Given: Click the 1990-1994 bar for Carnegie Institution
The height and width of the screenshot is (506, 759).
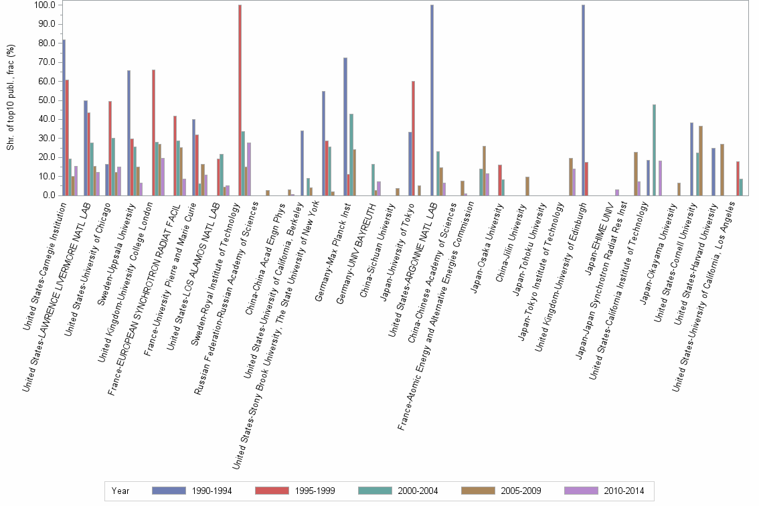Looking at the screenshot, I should click(x=64, y=118).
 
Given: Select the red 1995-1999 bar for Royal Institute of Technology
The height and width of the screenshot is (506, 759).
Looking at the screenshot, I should click(x=240, y=100).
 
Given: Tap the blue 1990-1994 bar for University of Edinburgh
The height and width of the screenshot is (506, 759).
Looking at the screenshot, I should click(x=583, y=100).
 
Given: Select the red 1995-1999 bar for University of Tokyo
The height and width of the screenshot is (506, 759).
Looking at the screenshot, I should click(x=414, y=138).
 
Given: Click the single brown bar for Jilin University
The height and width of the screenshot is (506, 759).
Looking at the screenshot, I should click(x=527, y=186).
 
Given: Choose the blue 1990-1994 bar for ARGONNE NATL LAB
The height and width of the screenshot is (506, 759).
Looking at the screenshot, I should click(x=432, y=100).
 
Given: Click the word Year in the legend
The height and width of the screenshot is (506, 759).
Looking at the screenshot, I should click(x=120, y=491).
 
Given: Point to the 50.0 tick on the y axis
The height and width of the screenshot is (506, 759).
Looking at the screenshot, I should click(x=46, y=100).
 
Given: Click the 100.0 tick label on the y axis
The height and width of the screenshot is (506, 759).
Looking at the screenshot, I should click(x=44, y=5).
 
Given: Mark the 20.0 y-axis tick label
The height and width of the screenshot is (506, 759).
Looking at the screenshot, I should click(x=46, y=158).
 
